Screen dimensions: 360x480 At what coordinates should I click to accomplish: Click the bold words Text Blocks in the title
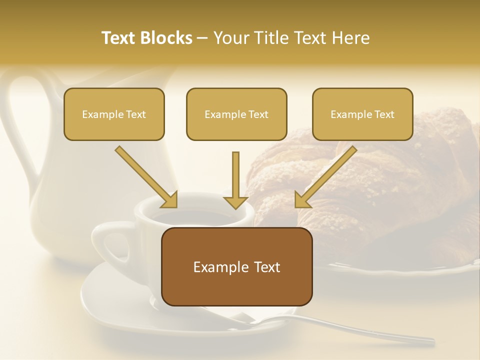[x=147, y=38]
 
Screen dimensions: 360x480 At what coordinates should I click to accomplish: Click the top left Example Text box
[x=114, y=114]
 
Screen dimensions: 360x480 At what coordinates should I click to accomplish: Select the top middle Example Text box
[x=236, y=114]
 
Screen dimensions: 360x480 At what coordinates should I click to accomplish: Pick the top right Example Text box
[x=362, y=114]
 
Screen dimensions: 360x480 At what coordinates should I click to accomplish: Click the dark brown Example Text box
[x=236, y=266]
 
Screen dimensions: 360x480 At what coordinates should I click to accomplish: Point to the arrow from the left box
[x=145, y=176]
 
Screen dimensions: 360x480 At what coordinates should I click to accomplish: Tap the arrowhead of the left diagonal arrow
[x=170, y=200]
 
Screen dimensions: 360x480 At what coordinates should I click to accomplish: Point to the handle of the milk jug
[x=20, y=125]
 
